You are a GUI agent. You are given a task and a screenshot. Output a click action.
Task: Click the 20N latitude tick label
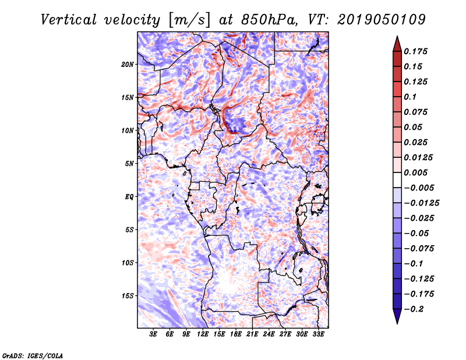[x=128, y=64]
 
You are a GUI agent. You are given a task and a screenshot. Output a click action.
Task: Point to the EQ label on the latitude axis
[x=130, y=197]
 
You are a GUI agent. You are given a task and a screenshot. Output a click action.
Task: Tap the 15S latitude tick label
[x=128, y=296]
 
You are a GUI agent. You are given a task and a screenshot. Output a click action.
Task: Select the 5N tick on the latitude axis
[x=129, y=164]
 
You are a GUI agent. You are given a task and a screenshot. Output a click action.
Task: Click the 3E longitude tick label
[x=154, y=335]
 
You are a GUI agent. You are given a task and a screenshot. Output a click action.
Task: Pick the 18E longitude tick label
[x=236, y=335]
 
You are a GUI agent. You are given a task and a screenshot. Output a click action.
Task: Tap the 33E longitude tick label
[x=318, y=335]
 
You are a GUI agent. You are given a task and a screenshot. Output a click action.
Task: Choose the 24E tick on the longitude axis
[x=269, y=335]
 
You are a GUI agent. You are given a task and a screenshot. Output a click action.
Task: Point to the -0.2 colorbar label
[x=416, y=309]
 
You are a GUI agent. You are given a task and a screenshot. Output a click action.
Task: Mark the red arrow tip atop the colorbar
[x=397, y=38]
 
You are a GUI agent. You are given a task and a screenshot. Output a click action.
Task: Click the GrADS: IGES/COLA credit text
[x=32, y=355]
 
